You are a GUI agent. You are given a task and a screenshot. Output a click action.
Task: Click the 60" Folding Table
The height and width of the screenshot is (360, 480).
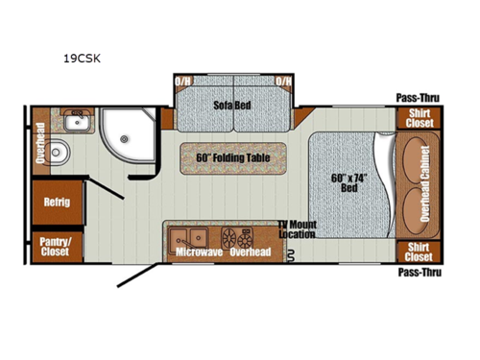pos(230,156)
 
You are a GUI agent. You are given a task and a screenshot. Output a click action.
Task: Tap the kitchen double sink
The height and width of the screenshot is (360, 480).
pos(188,236)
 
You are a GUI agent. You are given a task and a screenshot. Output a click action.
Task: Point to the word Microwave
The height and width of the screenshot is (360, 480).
pos(199,252)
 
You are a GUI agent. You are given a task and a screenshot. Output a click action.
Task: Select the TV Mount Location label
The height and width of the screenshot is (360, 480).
pos(300,228)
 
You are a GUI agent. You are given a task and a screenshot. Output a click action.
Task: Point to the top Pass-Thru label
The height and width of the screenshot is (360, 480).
pos(419,97)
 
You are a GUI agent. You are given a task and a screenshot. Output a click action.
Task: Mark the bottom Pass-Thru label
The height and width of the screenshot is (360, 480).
pos(419,272)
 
